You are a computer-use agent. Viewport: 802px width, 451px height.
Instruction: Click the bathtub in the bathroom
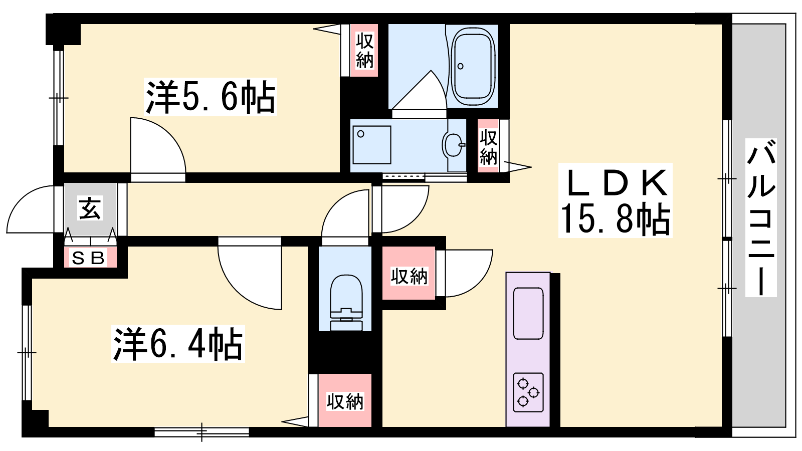point(473,66)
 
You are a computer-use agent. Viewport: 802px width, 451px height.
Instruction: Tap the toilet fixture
point(345,303)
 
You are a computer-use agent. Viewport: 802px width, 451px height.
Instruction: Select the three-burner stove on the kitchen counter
point(528,392)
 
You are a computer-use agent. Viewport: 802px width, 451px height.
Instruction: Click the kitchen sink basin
point(528,313)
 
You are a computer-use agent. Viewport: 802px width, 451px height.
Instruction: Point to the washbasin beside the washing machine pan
point(454,145)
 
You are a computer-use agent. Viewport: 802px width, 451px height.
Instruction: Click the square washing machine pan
point(371,145)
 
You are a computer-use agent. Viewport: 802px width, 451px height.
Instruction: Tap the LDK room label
point(616,182)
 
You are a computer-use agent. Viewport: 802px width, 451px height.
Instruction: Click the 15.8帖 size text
point(616,219)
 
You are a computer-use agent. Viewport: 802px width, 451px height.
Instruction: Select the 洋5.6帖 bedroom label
point(211,97)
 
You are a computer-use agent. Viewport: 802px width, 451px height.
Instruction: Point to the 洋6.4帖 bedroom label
point(178,344)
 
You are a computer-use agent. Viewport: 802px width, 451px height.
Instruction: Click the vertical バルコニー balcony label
point(761,217)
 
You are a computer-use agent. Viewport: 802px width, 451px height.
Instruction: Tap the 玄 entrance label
point(90,207)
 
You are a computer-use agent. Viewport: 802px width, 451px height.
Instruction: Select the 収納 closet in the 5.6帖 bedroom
point(364,50)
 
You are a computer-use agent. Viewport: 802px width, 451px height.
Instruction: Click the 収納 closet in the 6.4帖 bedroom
point(345,400)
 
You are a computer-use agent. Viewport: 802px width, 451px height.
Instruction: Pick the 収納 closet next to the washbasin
point(488,146)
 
